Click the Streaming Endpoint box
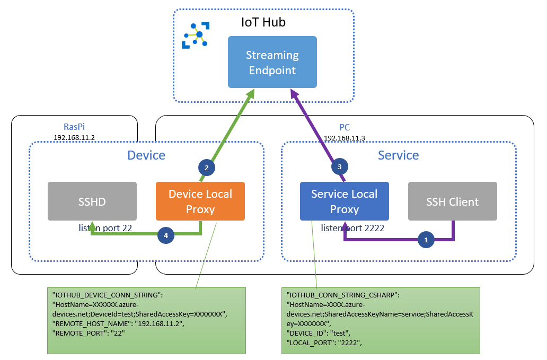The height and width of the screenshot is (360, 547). click(272, 62)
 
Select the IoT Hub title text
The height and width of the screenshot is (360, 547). click(263, 23)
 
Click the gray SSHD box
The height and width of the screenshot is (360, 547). click(92, 201)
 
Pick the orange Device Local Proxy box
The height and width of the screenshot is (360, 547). click(200, 201)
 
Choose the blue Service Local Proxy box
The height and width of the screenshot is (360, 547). click(345, 201)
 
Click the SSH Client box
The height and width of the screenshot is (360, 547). click(452, 201)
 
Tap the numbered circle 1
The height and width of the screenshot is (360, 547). click(425, 240)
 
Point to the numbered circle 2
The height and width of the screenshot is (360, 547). click(206, 168)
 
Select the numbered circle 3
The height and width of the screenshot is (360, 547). click(340, 167)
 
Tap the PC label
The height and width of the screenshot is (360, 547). click(345, 128)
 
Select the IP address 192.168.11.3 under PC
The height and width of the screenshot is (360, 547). click(345, 138)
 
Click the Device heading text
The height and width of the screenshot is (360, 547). click(146, 155)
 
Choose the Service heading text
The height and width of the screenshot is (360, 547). click(398, 155)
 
